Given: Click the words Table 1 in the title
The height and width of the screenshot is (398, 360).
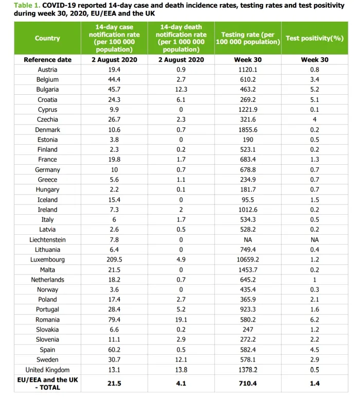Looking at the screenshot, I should click(26, 5).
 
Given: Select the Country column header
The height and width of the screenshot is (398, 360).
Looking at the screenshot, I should click(47, 38).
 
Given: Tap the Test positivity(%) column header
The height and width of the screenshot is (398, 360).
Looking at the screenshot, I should click(314, 38).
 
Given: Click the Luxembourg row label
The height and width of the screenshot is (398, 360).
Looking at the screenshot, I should click(47, 259).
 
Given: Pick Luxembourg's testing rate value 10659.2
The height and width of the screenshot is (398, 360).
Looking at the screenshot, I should click(247, 259).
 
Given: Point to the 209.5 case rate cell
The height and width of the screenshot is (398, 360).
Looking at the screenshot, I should click(114, 259).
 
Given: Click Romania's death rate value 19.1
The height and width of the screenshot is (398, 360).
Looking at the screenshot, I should click(181, 320).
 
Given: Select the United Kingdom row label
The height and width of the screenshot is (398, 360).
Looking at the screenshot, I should click(47, 370).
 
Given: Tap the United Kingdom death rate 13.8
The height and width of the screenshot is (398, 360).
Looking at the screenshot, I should click(181, 370).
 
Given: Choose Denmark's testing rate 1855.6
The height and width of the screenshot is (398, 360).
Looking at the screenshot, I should click(247, 130).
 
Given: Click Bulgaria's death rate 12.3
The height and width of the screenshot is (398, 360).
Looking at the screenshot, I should click(181, 90).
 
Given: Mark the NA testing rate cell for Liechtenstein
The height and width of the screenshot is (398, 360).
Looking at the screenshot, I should click(247, 239).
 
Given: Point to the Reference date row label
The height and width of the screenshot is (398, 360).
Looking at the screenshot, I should click(47, 60).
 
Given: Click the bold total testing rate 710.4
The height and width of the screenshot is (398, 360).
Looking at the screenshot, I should click(247, 384).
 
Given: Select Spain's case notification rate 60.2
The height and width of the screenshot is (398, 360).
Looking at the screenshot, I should click(114, 350).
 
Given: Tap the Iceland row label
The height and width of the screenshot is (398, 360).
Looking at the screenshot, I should click(47, 200).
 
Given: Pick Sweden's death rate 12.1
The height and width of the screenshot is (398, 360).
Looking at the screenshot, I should click(181, 359).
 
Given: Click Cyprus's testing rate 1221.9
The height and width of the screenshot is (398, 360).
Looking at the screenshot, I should click(247, 110).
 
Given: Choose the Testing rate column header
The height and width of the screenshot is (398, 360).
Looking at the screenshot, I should click(247, 38).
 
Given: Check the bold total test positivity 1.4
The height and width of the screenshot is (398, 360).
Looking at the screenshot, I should click(314, 384).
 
